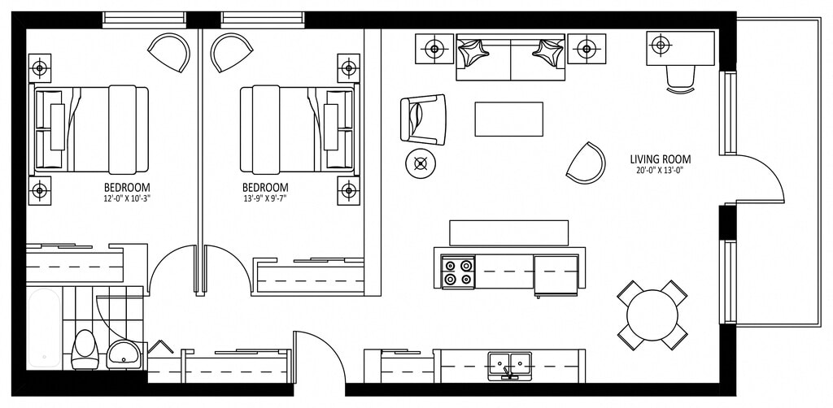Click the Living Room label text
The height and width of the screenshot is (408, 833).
[660, 159]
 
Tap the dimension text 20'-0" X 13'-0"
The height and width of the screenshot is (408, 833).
[660, 171]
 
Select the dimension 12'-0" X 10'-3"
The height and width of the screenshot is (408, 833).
[127, 197]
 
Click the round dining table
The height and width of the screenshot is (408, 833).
[652, 314]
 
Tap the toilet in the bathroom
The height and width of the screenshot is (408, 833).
[84, 349]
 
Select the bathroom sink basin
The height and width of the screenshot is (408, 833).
[123, 354]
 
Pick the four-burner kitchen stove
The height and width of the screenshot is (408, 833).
[458, 271]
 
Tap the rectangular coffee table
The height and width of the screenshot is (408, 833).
[508, 119]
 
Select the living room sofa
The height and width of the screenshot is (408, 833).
[510, 56]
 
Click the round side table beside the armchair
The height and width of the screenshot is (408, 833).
[421, 164]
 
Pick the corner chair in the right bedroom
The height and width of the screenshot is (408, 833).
[230, 52]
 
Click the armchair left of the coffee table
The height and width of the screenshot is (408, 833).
[423, 119]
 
